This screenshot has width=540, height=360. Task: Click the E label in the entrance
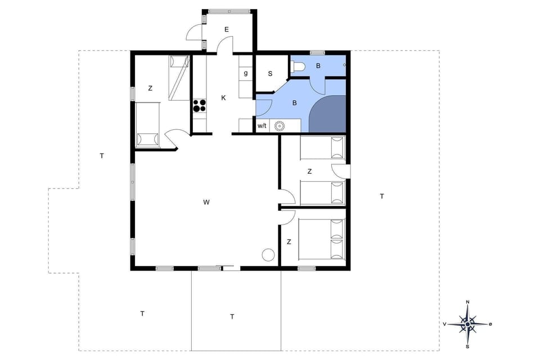(227, 29)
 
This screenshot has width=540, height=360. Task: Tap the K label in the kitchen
(223, 98)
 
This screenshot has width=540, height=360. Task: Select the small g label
(246, 73)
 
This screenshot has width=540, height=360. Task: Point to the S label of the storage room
(270, 74)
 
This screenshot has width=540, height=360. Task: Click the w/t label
(262, 126)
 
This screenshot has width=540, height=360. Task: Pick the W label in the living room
(206, 202)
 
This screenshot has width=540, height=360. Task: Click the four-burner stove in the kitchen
(200, 106)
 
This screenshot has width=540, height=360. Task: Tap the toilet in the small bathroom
(298, 67)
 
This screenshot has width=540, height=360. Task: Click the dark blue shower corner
(328, 115)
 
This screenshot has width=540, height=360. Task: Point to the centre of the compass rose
(467, 323)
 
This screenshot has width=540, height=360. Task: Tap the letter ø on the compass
(490, 324)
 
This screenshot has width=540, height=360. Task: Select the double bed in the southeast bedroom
(321, 240)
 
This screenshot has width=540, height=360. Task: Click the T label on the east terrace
(382, 196)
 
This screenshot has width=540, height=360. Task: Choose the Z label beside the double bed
(289, 242)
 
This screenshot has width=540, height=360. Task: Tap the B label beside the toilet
(318, 66)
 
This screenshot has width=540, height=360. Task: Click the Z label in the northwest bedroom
(150, 88)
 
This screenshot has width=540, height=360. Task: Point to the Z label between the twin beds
(309, 172)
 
